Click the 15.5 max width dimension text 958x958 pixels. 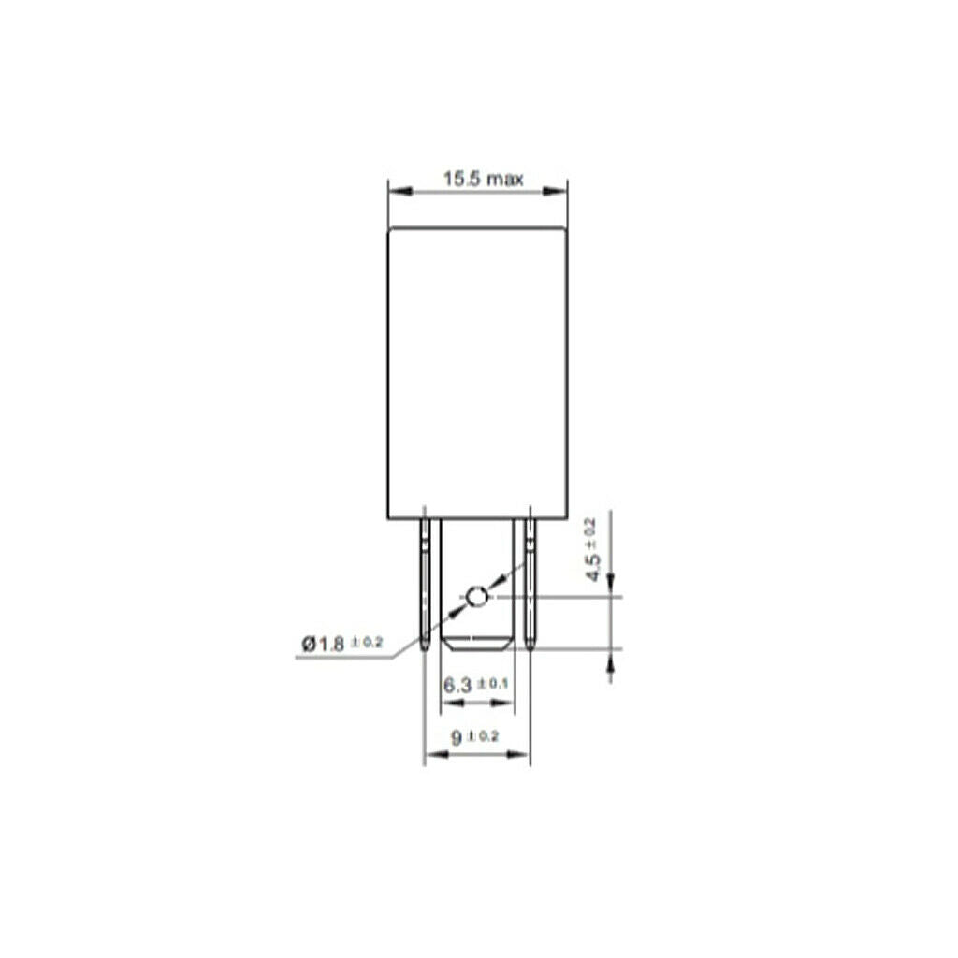coord(483,179)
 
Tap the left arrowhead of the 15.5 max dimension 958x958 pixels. coord(399,191)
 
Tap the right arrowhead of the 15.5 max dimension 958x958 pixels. coord(555,191)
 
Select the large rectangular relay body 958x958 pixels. coord(477,373)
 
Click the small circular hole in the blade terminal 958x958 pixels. coord(476,596)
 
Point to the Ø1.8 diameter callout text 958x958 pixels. coord(323,644)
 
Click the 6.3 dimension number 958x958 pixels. coord(457,686)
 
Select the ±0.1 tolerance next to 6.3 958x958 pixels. coord(492,683)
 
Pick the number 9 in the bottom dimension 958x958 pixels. coord(457,737)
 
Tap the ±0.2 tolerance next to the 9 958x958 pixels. coord(484,735)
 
